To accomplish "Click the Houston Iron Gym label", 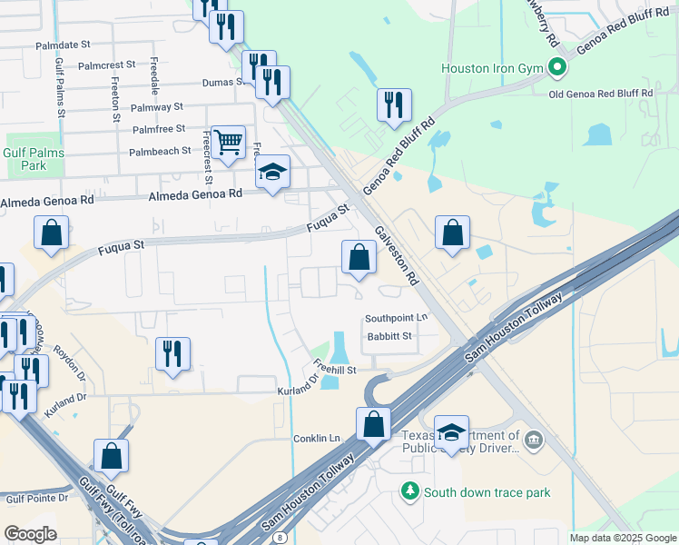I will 491,68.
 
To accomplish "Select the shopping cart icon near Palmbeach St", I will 228,141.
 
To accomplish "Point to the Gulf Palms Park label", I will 34,159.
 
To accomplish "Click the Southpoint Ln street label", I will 396,318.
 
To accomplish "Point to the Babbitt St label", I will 389,336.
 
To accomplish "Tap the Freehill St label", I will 337,371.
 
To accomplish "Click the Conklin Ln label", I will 317,438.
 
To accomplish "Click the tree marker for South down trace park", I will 410,491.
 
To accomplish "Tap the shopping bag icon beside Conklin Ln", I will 373,422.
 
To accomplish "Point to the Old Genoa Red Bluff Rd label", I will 601,93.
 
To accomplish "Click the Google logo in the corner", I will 30,534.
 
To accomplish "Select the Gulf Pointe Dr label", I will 37,498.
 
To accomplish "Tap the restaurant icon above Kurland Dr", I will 172,352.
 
